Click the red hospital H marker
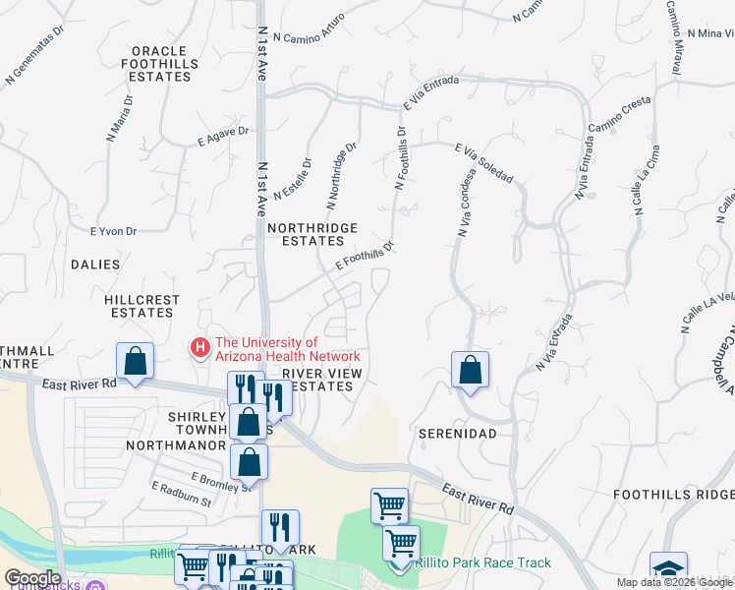200,347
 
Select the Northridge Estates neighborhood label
311,234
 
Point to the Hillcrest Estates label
141,305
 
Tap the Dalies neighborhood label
95,265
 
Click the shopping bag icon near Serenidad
471,371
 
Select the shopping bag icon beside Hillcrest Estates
136,361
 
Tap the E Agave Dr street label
223,138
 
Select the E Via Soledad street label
484,162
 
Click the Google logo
32,578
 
